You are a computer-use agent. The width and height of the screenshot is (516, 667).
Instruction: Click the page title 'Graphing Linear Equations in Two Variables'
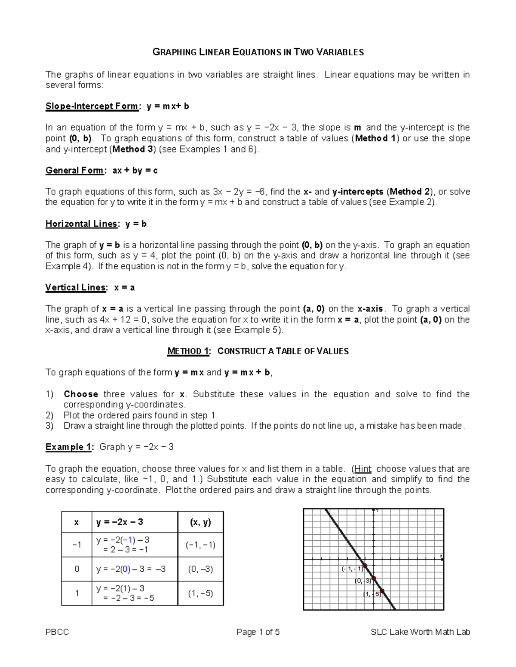click(258, 52)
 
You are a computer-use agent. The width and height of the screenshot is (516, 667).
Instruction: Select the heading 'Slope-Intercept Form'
click(92, 106)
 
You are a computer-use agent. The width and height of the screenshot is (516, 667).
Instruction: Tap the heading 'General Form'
click(74, 171)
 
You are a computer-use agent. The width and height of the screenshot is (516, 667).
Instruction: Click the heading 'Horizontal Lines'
click(81, 224)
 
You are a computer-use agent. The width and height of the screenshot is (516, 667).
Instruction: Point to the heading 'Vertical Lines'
click(75, 288)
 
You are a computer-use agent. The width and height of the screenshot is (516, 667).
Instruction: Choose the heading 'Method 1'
click(188, 351)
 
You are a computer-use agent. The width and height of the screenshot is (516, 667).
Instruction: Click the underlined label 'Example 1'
click(68, 447)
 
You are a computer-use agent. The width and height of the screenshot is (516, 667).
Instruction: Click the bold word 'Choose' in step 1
click(81, 394)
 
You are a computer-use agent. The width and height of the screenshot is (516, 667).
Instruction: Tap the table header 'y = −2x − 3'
click(120, 522)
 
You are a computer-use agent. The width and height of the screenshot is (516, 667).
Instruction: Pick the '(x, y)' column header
click(200, 522)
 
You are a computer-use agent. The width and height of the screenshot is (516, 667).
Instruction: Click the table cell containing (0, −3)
click(200, 569)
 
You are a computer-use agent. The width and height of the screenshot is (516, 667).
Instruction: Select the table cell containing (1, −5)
click(200, 594)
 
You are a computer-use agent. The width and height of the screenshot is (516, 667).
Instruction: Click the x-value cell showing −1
click(77, 545)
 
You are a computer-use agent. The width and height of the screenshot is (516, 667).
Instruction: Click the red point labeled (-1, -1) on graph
click(365, 566)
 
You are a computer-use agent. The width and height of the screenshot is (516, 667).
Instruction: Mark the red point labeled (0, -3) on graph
click(374, 578)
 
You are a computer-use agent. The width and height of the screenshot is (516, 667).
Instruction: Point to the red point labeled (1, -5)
click(382, 591)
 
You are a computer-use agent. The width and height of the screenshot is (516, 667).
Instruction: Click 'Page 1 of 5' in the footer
click(258, 632)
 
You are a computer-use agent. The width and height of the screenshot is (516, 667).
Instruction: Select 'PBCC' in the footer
click(57, 632)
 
